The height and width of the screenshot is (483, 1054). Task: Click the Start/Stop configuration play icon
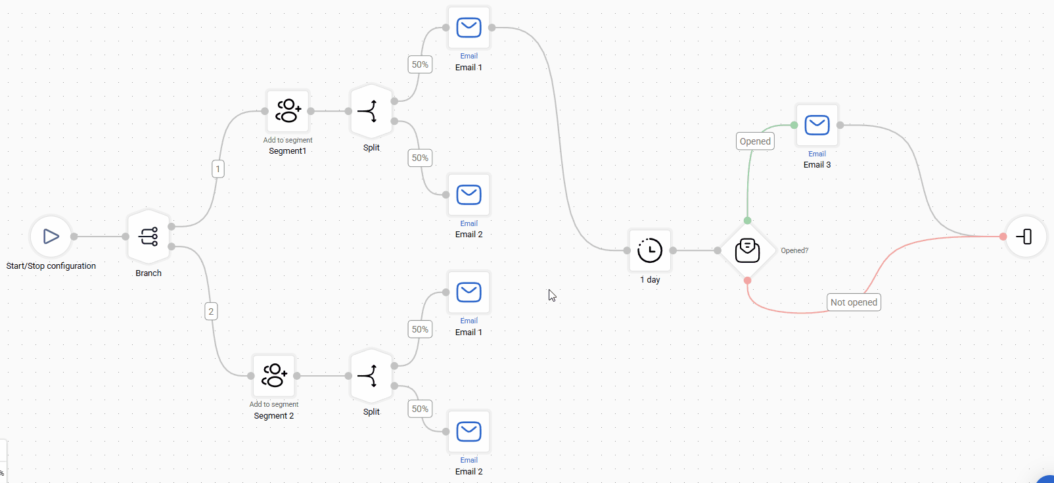pyautogui.click(x=51, y=237)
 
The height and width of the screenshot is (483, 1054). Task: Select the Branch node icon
pyautogui.click(x=149, y=237)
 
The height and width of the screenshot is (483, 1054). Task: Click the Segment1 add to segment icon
pyautogui.click(x=288, y=111)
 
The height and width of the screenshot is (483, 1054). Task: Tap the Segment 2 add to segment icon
pyautogui.click(x=274, y=376)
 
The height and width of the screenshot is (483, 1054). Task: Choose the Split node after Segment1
pyautogui.click(x=371, y=112)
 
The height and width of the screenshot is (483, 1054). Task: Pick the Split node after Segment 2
pyautogui.click(x=371, y=376)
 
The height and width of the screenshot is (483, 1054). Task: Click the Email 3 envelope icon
pyautogui.click(x=817, y=125)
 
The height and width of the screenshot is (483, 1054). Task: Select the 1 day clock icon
pyautogui.click(x=650, y=250)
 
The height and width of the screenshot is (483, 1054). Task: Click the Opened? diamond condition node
pyautogui.click(x=747, y=250)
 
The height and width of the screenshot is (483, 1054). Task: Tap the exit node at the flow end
pyautogui.click(x=1025, y=237)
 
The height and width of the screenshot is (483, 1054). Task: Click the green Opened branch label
pyautogui.click(x=755, y=141)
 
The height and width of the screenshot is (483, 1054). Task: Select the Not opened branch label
pyautogui.click(x=854, y=302)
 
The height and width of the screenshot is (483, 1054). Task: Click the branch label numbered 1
pyautogui.click(x=218, y=169)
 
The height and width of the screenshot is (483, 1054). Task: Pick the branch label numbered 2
pyautogui.click(x=211, y=311)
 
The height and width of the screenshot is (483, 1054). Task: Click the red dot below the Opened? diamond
pyautogui.click(x=747, y=281)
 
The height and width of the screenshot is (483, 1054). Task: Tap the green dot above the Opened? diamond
pyautogui.click(x=747, y=221)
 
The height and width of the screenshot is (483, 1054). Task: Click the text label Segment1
pyautogui.click(x=287, y=151)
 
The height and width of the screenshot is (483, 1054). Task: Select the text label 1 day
pyautogui.click(x=650, y=280)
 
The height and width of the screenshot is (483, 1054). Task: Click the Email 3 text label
pyautogui.click(x=817, y=165)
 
